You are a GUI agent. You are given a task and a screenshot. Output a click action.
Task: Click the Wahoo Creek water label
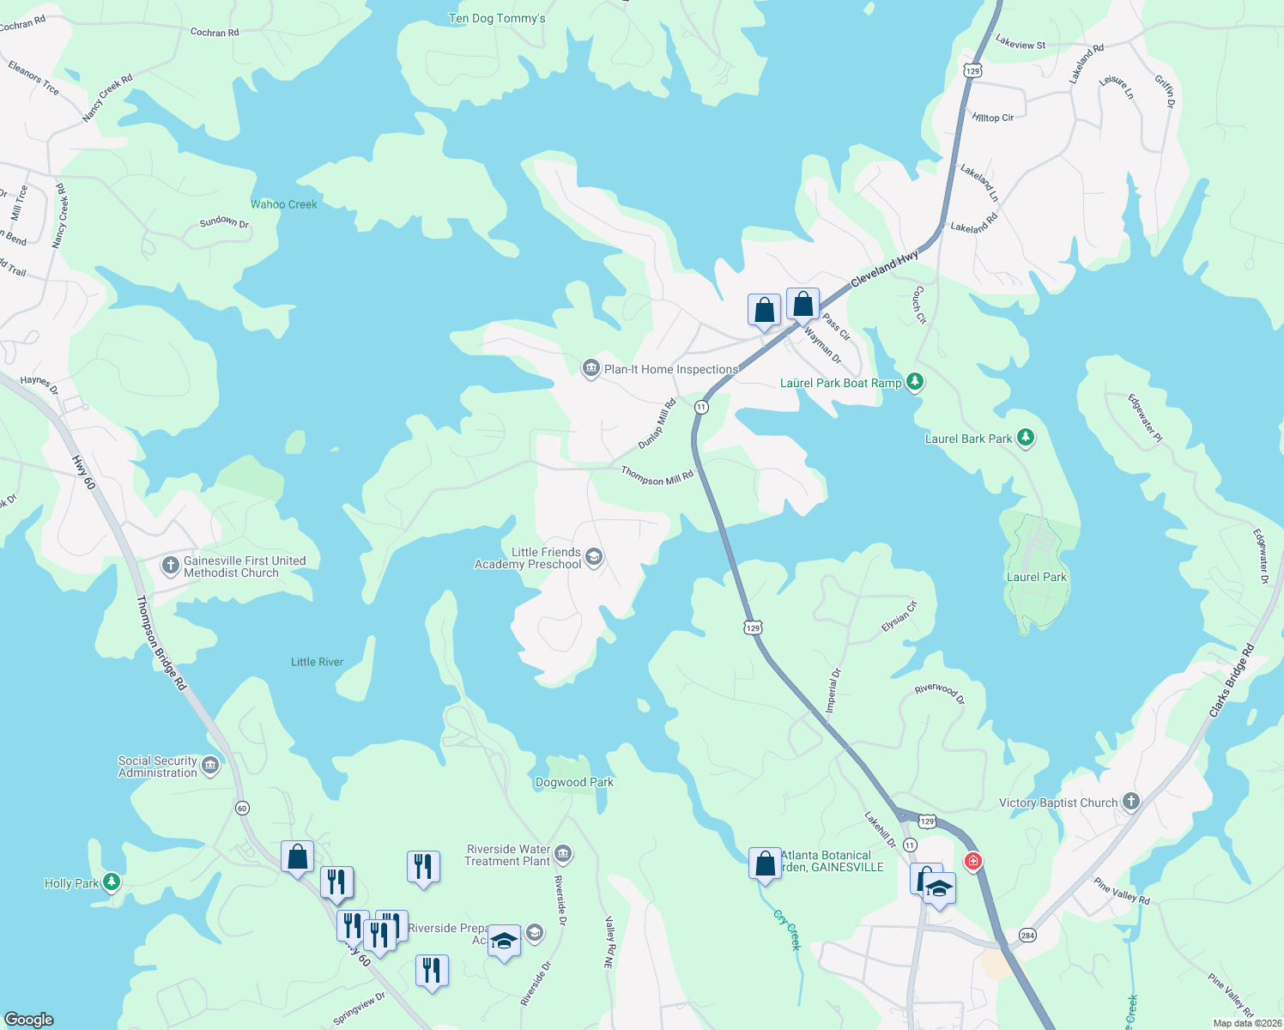point(283,204)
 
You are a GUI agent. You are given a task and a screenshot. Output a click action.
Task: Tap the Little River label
point(317,662)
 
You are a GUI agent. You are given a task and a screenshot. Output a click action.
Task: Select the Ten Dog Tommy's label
point(497,18)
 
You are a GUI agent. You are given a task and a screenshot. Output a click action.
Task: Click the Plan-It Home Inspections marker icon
point(591,369)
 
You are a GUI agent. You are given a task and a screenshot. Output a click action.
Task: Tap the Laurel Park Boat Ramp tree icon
point(915,382)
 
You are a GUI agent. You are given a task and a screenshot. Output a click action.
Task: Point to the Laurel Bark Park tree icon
point(1025,438)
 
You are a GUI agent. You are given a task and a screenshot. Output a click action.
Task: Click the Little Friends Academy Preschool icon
point(593,558)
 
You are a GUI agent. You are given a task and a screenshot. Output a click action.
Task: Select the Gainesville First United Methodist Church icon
point(171,566)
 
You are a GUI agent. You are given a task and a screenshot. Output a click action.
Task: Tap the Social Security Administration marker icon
point(210,765)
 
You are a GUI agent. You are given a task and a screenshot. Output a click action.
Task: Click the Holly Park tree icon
point(111,882)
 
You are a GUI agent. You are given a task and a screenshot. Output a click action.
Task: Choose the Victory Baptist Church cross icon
point(1131,802)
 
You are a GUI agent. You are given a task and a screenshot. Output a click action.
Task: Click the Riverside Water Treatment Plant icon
point(563,853)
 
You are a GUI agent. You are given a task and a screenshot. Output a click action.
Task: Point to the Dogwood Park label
point(574,782)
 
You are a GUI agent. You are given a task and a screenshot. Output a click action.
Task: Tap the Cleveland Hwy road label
point(884,269)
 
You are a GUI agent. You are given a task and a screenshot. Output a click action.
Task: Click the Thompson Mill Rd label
point(657,476)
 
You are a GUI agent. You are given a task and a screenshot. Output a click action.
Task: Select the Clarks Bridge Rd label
point(1232,681)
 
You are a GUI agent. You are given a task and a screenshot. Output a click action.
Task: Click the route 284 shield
point(1027,935)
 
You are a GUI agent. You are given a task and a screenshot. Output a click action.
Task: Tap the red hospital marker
point(972,861)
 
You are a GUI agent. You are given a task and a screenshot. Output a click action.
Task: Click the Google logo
point(29,1020)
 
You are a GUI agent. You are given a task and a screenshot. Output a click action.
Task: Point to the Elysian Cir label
point(899,617)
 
